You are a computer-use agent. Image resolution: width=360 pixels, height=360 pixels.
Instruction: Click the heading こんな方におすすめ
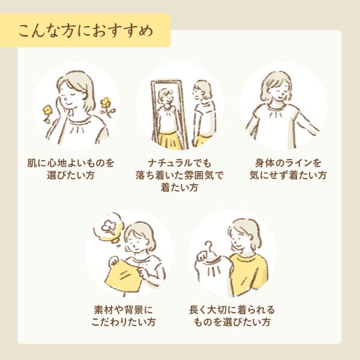tap(86, 31)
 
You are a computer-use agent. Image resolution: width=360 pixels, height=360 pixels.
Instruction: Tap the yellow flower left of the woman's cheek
tap(47, 110)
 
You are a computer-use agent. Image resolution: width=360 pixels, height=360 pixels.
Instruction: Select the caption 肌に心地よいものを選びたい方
tap(71, 169)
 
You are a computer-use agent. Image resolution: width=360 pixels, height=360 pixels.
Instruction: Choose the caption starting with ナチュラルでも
tap(179, 175)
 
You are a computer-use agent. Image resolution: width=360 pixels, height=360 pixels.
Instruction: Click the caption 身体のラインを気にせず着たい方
tap(288, 169)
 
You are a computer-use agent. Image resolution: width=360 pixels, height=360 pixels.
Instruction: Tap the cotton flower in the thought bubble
tap(107, 227)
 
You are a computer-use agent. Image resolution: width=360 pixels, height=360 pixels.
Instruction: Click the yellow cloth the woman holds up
tap(122, 276)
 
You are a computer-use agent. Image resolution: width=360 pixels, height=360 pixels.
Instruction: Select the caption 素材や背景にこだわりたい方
tap(124, 316)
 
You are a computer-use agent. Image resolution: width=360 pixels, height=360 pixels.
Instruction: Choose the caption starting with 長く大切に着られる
tap(232, 316)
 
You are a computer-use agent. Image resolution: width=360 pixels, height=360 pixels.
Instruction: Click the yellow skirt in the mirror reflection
tap(169, 140)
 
